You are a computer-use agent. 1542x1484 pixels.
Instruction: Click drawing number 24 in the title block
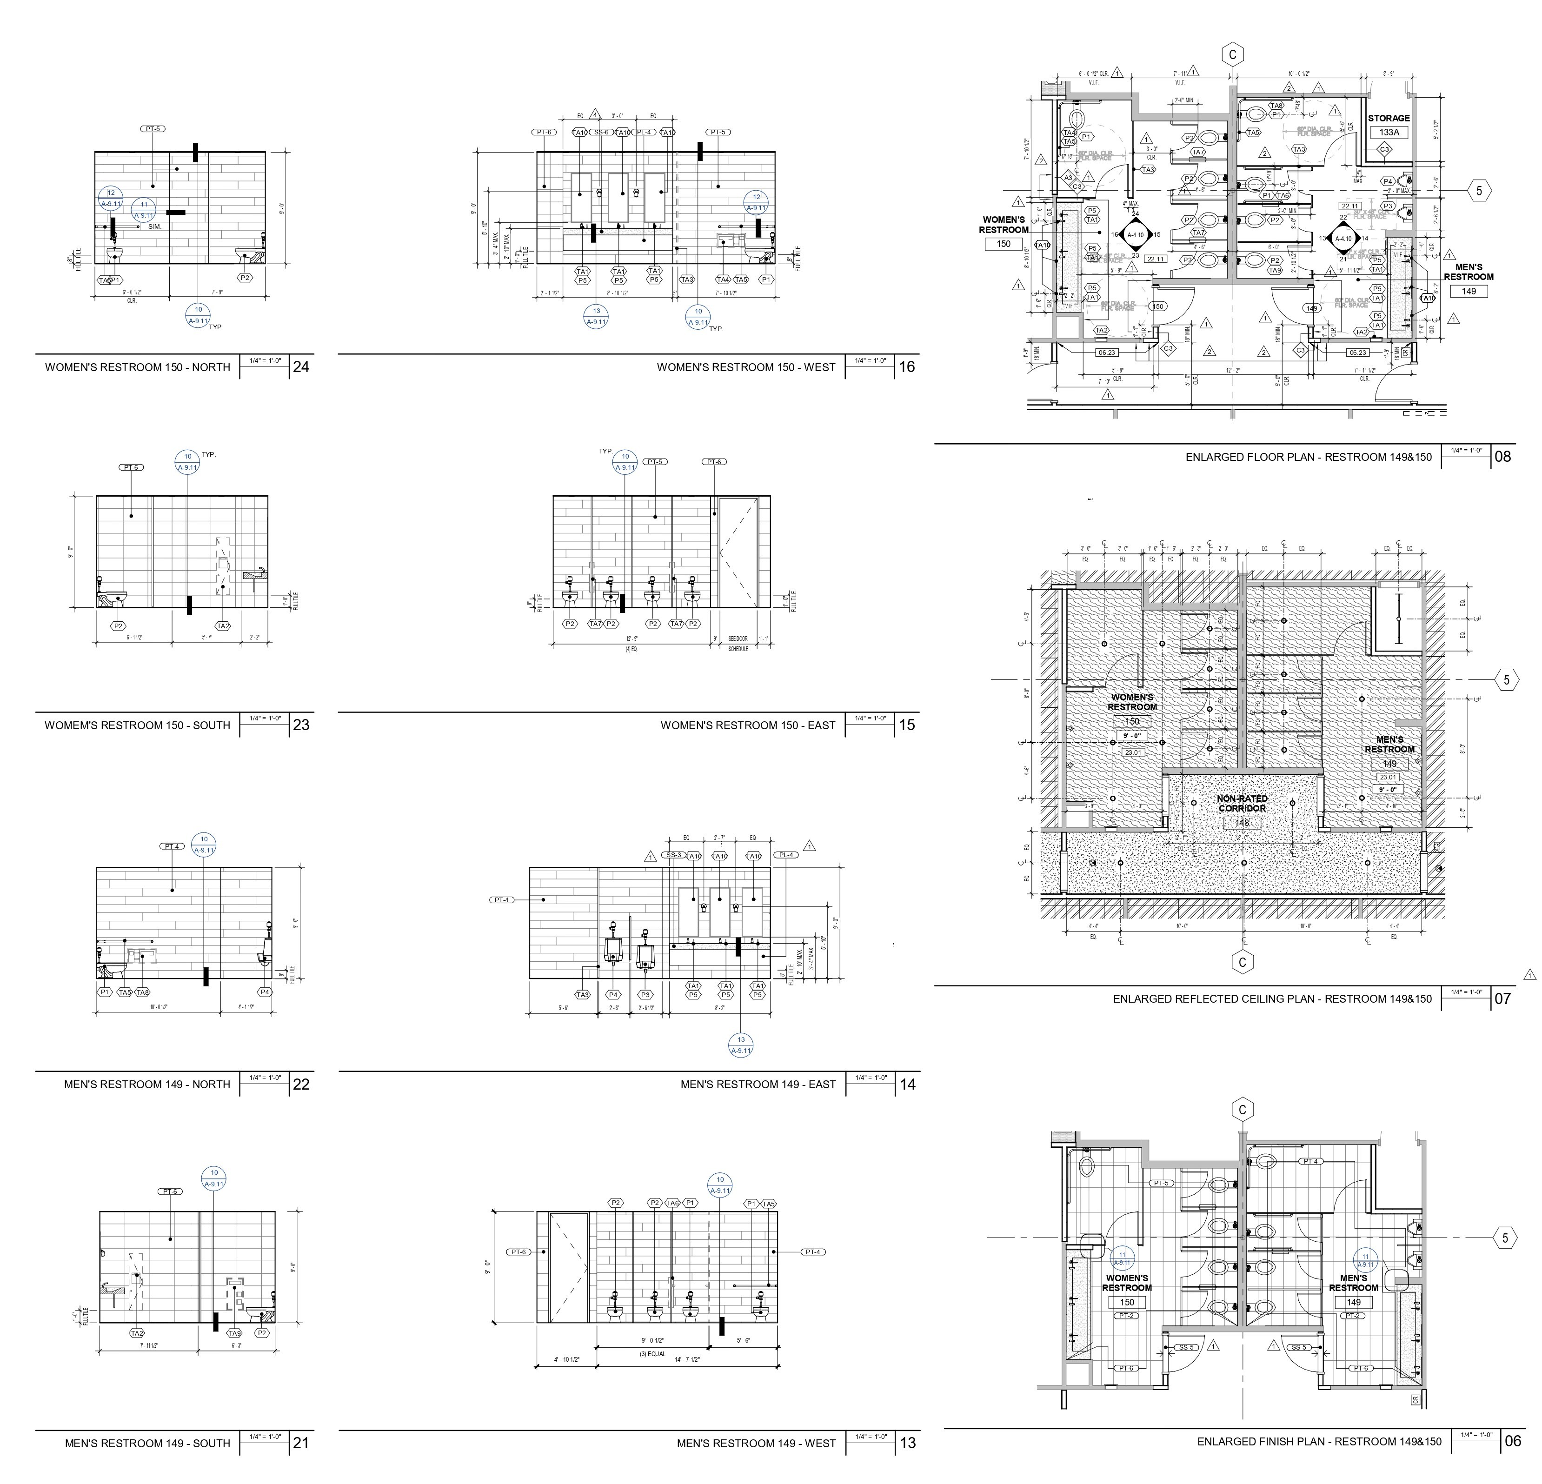(x=300, y=366)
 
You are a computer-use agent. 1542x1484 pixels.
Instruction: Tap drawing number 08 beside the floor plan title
(x=1502, y=456)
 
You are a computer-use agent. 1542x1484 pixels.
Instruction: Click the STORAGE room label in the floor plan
(x=1389, y=118)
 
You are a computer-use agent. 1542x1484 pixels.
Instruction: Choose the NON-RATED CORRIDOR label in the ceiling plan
(x=1242, y=803)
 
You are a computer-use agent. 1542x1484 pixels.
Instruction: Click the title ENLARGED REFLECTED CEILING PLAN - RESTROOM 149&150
(x=1272, y=998)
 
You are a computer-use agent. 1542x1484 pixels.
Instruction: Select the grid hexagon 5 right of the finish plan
(x=1505, y=1238)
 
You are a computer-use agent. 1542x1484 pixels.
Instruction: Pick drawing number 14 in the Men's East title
(x=907, y=1084)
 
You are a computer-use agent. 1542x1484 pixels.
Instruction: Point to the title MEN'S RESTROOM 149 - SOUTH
(x=147, y=1443)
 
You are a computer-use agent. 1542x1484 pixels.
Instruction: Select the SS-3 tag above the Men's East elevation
(x=673, y=854)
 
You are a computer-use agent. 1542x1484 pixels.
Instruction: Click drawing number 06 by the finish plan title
(x=1513, y=1442)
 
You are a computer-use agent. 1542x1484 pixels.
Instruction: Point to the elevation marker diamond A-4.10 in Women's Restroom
(x=1135, y=234)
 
